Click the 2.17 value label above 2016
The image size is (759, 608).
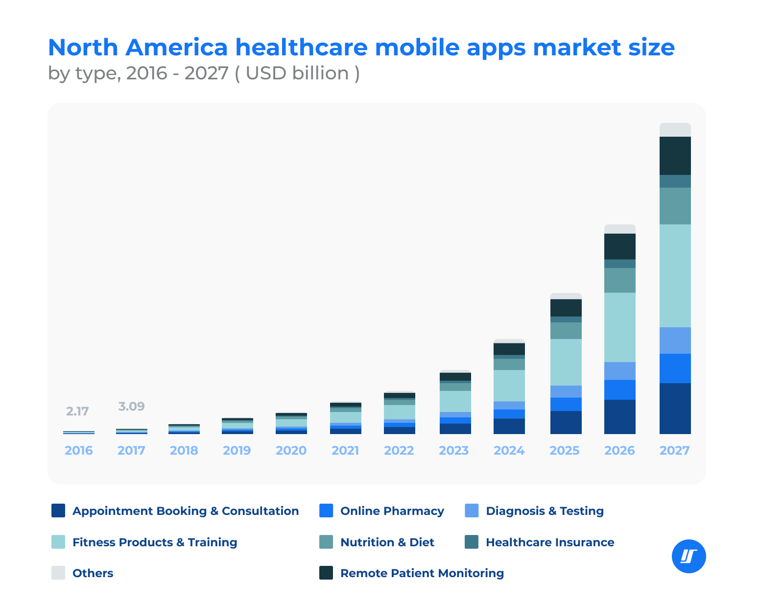click(x=77, y=412)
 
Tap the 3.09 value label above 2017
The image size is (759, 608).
click(x=131, y=407)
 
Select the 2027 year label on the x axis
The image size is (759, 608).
click(x=674, y=451)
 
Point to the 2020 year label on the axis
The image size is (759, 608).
click(x=291, y=451)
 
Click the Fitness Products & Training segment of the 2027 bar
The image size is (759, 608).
click(x=675, y=276)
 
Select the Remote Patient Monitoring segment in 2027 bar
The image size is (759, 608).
click(x=675, y=156)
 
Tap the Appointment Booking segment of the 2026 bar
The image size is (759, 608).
click(x=619, y=416)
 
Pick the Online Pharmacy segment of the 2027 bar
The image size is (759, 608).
click(x=675, y=368)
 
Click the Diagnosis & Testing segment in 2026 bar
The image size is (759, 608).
click(x=619, y=371)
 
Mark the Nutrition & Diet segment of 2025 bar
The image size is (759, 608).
click(x=566, y=331)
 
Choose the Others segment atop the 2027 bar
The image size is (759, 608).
click(x=675, y=130)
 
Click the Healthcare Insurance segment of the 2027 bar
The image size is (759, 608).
click(x=675, y=181)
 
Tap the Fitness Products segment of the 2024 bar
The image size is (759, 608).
click(x=509, y=386)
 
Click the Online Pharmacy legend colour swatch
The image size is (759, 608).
click(x=326, y=511)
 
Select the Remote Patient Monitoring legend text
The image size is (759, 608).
click(x=422, y=573)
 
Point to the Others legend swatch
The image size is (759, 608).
click(x=58, y=573)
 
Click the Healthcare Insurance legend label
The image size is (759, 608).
click(x=549, y=542)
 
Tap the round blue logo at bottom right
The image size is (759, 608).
click(x=688, y=557)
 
